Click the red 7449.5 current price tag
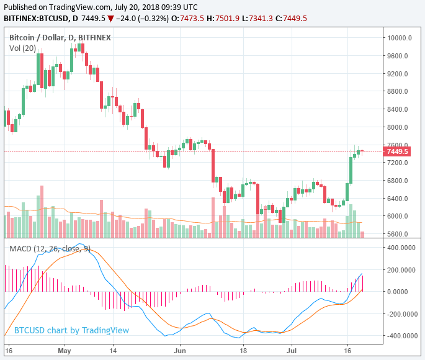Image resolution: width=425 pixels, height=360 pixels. click(x=396, y=151)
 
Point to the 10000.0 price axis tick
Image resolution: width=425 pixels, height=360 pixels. click(x=396, y=38)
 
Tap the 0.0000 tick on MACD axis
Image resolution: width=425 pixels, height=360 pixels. click(x=401, y=292)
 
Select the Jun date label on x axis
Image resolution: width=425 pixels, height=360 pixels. click(x=180, y=350)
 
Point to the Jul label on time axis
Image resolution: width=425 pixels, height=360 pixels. click(x=291, y=350)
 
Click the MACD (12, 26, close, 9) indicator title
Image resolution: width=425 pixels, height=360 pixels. click(x=50, y=249)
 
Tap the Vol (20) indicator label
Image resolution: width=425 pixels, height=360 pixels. click(x=22, y=48)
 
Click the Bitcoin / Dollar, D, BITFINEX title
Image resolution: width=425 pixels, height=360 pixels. click(x=60, y=38)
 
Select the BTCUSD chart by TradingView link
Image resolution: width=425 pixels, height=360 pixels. click(x=71, y=330)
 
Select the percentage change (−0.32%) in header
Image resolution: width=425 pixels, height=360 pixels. click(x=158, y=19)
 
